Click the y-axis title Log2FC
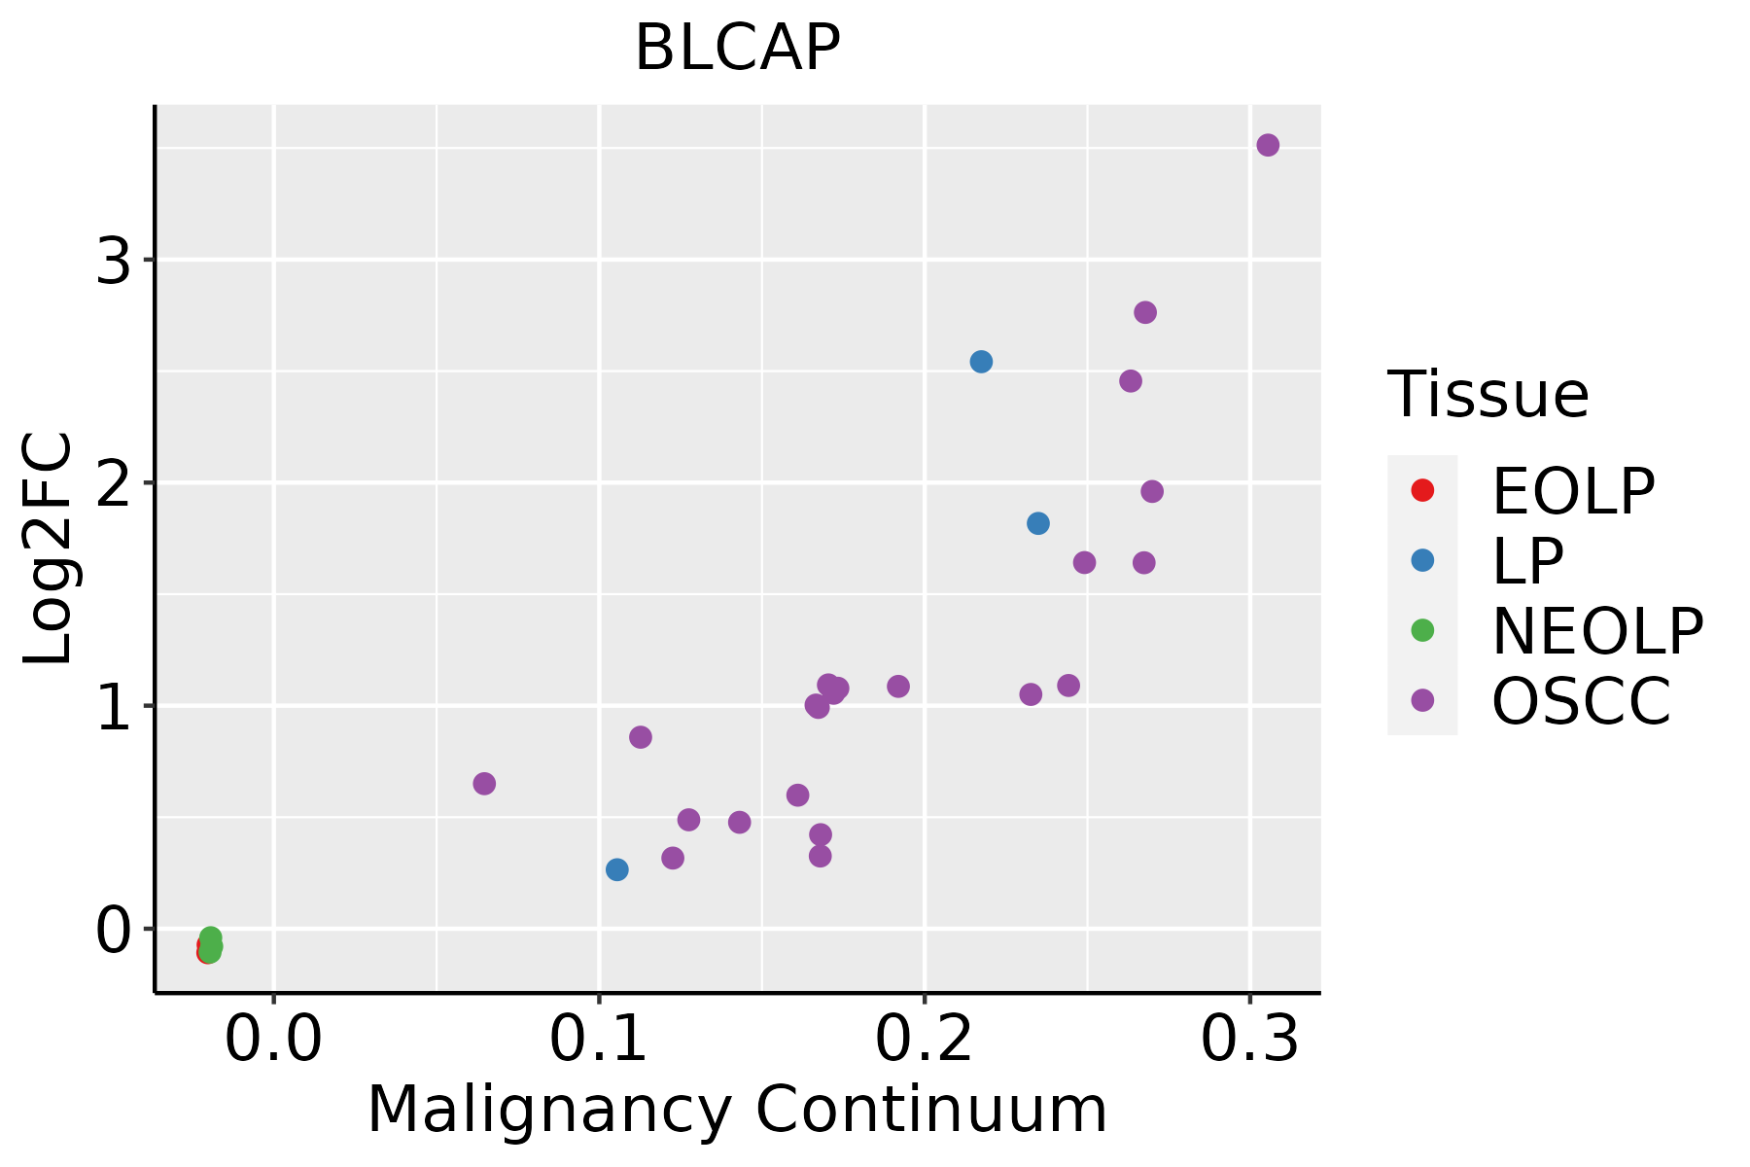click(49, 548)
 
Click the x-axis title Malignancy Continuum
click(737, 1110)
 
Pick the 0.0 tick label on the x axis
click(273, 1040)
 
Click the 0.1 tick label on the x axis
click(599, 1040)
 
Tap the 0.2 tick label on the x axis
click(925, 1040)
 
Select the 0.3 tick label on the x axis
click(1249, 1040)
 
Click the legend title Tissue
click(1487, 395)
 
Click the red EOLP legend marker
click(1422, 490)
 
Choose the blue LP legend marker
click(1422, 560)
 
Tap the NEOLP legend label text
click(1596, 632)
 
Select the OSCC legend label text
click(1581, 702)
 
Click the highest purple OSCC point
click(1268, 146)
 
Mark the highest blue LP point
click(981, 362)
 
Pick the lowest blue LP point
click(617, 869)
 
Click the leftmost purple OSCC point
click(484, 784)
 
